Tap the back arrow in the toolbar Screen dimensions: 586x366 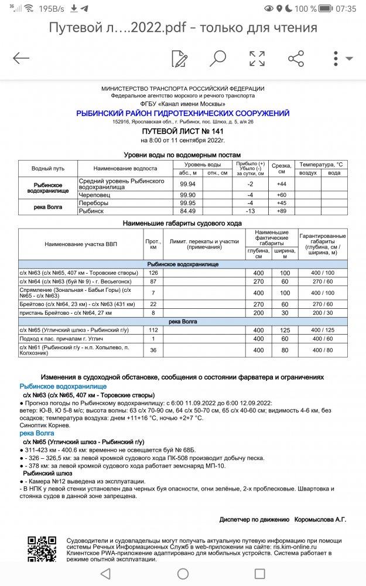21,58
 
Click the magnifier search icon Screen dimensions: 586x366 218,58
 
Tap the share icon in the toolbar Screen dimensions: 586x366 296,58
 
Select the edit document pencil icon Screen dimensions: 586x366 179,58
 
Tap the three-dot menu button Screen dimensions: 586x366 336,58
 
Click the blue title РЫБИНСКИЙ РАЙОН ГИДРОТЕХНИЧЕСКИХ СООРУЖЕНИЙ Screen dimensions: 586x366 183,113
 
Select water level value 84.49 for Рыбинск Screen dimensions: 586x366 187,210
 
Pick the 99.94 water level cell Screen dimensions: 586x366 187,183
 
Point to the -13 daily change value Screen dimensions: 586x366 250,210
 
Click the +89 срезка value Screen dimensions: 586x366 281,210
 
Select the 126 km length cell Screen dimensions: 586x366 154,272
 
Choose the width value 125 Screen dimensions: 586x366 285,329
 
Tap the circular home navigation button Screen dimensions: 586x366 183,573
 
